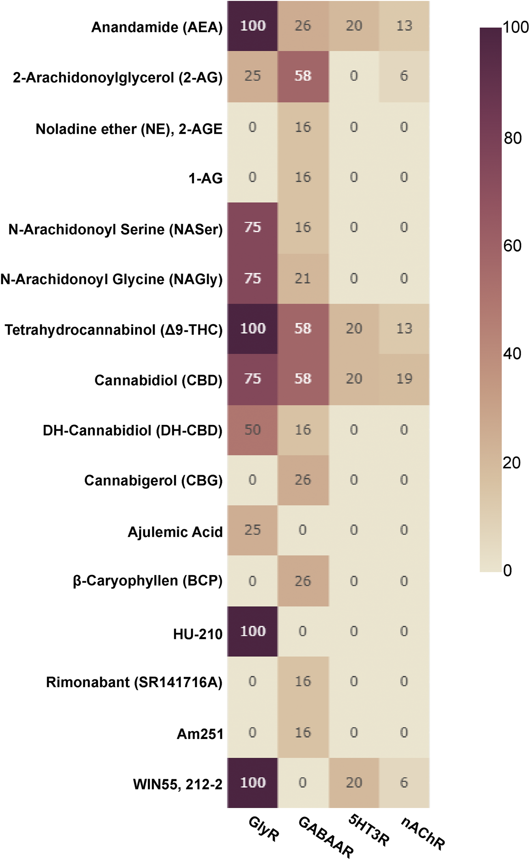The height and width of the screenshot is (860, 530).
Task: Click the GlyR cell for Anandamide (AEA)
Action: coord(252,26)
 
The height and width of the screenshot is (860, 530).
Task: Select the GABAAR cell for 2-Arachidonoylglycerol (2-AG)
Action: coord(303,76)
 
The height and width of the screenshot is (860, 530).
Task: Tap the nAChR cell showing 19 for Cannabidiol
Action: coord(404,379)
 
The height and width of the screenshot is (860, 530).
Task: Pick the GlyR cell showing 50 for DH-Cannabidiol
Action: coord(252,430)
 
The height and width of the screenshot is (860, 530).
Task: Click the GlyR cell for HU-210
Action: coord(252,632)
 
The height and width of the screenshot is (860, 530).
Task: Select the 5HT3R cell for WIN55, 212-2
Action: coord(353,782)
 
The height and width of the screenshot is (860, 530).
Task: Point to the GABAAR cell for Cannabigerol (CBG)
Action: coord(303,480)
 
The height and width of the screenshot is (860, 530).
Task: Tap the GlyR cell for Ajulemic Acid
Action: coord(252,530)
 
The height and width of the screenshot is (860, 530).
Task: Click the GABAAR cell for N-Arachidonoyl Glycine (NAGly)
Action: coord(303,279)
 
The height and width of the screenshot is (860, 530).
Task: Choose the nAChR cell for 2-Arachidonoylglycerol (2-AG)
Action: coord(404,76)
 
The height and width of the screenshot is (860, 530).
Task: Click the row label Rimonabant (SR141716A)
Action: coord(134,683)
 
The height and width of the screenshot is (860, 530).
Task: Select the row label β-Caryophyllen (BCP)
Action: coord(148,581)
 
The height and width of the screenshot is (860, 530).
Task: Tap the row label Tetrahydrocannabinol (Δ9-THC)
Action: coord(114,330)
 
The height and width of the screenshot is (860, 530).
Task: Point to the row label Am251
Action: coord(200,734)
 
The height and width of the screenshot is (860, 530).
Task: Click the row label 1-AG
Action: coord(205,178)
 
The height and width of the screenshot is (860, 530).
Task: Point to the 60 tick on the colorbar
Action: coord(512,246)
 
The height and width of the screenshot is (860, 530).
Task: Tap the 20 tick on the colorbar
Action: coord(511,463)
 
